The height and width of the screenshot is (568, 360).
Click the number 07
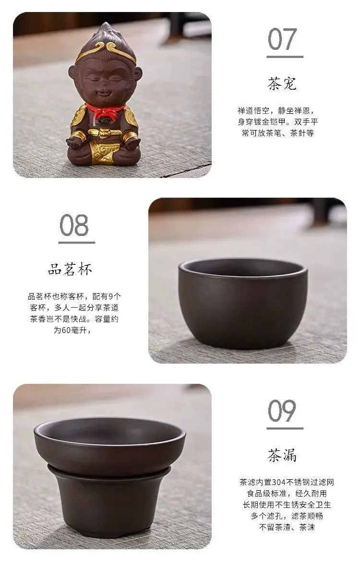282,39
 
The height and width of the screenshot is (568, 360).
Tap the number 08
74,225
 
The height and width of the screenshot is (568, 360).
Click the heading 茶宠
282,83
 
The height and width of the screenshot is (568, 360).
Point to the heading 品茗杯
70,269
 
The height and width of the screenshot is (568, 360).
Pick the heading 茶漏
282,455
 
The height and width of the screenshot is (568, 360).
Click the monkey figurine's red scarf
105,111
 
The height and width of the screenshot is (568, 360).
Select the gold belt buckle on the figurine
105,133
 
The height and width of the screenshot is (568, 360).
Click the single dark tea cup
242,303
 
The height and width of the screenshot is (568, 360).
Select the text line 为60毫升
72,331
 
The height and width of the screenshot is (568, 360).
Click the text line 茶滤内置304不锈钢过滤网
287,482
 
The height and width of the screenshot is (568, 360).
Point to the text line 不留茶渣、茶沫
287,527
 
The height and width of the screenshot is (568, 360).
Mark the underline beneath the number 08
76,242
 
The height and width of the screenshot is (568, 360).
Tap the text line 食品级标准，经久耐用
287,493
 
